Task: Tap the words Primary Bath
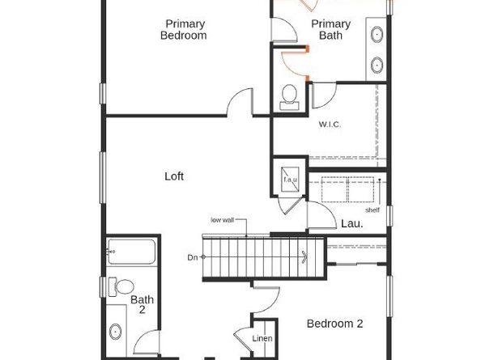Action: pos(331,30)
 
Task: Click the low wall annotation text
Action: pos(224,220)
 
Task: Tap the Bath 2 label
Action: pos(143,305)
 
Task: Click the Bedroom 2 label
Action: pos(334,324)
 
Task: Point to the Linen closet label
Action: pos(262,338)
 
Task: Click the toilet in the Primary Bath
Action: pos(289,97)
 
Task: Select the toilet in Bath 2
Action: pos(123,287)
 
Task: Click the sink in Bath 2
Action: pos(117,332)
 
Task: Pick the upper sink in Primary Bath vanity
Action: pos(378,34)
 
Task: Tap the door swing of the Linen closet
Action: pos(244,336)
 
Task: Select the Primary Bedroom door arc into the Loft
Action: pos(240,104)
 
